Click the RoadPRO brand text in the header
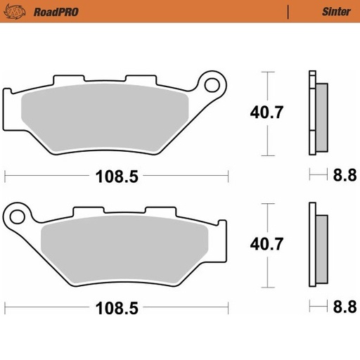(x=46, y=11)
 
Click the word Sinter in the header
(x=332, y=11)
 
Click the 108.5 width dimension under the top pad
(x=116, y=175)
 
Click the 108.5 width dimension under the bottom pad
(x=116, y=308)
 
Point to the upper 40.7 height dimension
(x=266, y=112)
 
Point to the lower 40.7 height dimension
(x=266, y=245)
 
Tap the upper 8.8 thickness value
(x=345, y=175)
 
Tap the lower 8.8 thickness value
(x=345, y=308)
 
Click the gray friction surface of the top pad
(x=105, y=112)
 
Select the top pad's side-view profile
(x=316, y=112)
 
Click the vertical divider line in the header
(x=288, y=11)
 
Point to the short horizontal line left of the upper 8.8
(x=319, y=174)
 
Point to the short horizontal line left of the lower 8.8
(x=319, y=307)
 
